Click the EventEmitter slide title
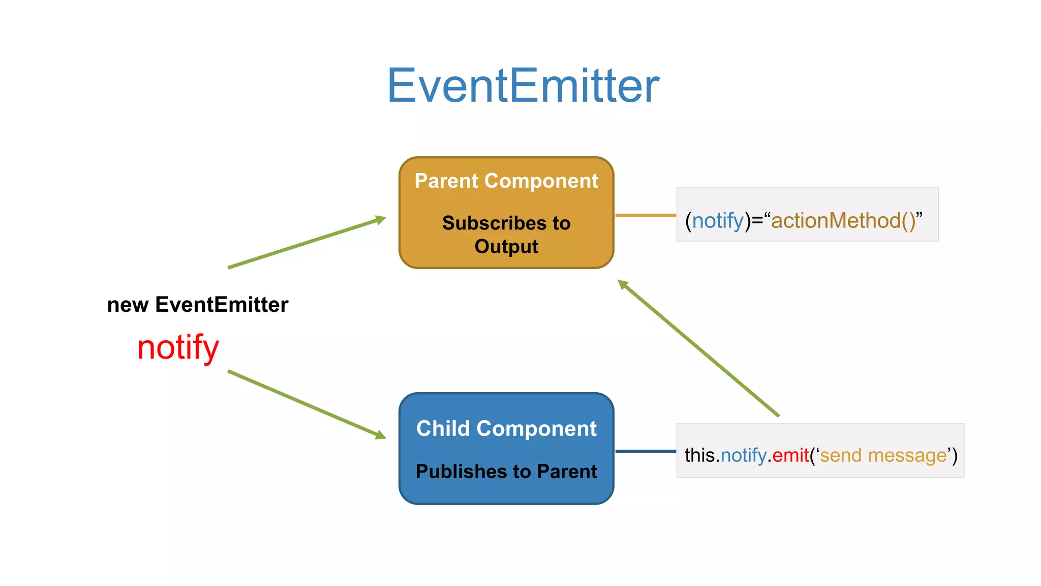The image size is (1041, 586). (x=523, y=85)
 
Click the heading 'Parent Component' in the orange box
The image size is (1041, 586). (x=506, y=181)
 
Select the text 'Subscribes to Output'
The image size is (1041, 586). (x=506, y=235)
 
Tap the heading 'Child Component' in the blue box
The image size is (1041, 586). (x=506, y=428)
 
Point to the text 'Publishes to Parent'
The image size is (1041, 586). (x=506, y=472)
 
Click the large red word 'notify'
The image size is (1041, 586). (x=178, y=348)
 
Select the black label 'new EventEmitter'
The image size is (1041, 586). (x=198, y=305)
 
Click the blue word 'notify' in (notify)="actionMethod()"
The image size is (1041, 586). (x=718, y=221)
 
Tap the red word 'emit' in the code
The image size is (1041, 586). (x=790, y=455)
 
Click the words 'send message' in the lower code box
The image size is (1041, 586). (x=883, y=455)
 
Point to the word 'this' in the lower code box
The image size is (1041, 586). (x=699, y=455)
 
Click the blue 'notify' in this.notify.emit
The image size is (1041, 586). (x=743, y=455)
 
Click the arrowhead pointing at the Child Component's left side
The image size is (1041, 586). (x=381, y=435)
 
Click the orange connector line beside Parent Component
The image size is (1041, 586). (x=645, y=215)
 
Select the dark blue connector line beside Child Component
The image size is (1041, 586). (x=645, y=451)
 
